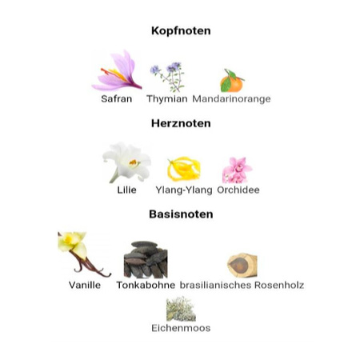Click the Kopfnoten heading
point(181,31)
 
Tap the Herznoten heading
point(181,123)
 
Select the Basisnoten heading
point(181,214)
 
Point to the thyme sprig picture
point(168,77)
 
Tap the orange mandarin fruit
point(232,81)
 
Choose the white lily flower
point(127,162)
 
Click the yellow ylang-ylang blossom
point(184,169)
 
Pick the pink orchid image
point(237,170)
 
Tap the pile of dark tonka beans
point(146,259)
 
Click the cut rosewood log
point(242,265)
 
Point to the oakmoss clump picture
point(181,309)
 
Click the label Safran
point(117,99)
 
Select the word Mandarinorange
point(231,99)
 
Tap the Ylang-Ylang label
point(184,190)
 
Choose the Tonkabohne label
point(146,285)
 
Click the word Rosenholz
point(279,285)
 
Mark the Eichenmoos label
point(181,328)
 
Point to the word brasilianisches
point(215,285)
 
